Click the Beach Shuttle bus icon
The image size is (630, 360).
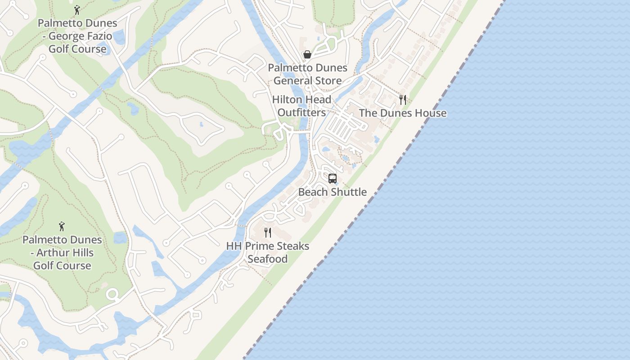click(333, 179)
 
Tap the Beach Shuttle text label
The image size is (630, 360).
click(333, 192)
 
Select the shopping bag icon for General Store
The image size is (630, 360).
click(307, 55)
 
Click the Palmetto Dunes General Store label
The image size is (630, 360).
click(308, 74)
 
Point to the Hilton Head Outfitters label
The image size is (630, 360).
click(301, 106)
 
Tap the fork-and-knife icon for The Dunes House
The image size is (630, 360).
click(403, 100)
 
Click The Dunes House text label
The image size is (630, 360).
click(403, 113)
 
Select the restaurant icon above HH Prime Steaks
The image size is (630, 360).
click(268, 233)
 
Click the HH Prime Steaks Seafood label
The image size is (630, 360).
click(268, 252)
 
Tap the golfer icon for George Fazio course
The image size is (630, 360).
click(77, 10)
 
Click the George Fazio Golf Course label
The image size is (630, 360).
click(77, 36)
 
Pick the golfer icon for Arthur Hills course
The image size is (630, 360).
click(62, 226)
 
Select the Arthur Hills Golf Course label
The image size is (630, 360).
click(62, 252)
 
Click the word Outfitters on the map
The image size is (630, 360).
click(301, 112)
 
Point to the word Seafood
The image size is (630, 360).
click(267, 259)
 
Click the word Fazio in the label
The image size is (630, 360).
click(97, 36)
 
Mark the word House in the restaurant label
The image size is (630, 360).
click(431, 113)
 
